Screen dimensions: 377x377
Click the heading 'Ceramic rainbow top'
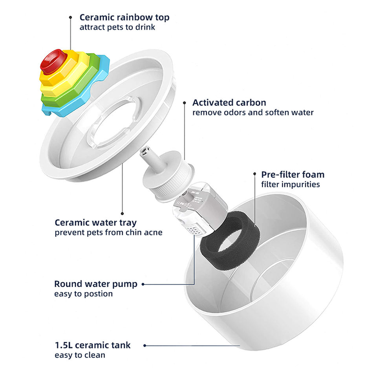pyautogui.click(x=124, y=18)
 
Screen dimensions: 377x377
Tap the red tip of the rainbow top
pyautogui.click(x=53, y=61)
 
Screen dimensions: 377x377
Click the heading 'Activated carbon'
pyautogui.click(x=229, y=103)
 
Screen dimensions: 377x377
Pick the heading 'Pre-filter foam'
pyautogui.click(x=293, y=174)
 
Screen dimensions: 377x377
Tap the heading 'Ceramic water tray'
pyautogui.click(x=95, y=223)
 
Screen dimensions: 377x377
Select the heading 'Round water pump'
pyautogui.click(x=95, y=284)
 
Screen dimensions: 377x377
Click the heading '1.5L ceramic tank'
pyautogui.click(x=92, y=346)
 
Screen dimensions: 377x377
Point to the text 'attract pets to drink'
pyautogui.click(x=117, y=27)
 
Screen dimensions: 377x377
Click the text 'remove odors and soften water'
pyautogui.click(x=253, y=113)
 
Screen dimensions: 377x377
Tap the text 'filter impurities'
pyautogui.click(x=290, y=184)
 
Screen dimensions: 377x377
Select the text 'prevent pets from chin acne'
pyautogui.click(x=108, y=232)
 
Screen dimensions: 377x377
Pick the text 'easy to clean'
pyautogui.click(x=80, y=355)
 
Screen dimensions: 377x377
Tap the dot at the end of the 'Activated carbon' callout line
pyautogui.click(x=185, y=103)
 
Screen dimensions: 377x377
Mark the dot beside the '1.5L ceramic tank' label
pyautogui.click(x=145, y=346)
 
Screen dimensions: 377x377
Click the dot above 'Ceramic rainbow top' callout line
pyautogui.click(x=70, y=17)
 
